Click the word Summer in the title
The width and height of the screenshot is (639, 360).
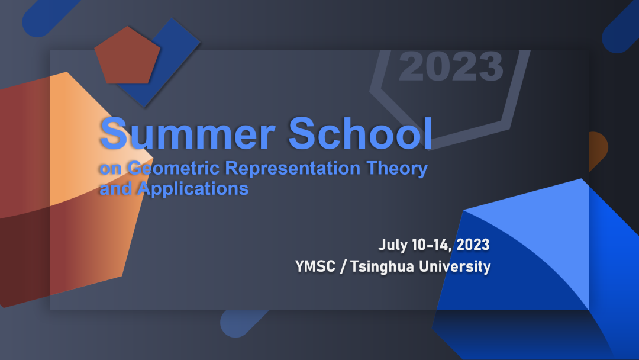[x=188, y=133]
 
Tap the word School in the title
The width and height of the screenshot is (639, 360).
[x=360, y=133]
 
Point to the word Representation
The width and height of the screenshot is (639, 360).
[x=293, y=168]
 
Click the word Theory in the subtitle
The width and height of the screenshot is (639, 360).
[x=397, y=169]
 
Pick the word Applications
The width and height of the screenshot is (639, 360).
[x=193, y=189]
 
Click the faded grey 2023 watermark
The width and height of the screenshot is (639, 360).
[x=451, y=66]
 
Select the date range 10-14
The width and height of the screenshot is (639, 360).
[x=431, y=245]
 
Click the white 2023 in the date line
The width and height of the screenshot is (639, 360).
[x=473, y=245]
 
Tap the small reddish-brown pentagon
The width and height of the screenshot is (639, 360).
[x=127, y=56]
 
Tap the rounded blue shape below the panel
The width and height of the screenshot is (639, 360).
[x=240, y=323]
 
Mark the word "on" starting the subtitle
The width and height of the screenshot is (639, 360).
[x=111, y=169]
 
